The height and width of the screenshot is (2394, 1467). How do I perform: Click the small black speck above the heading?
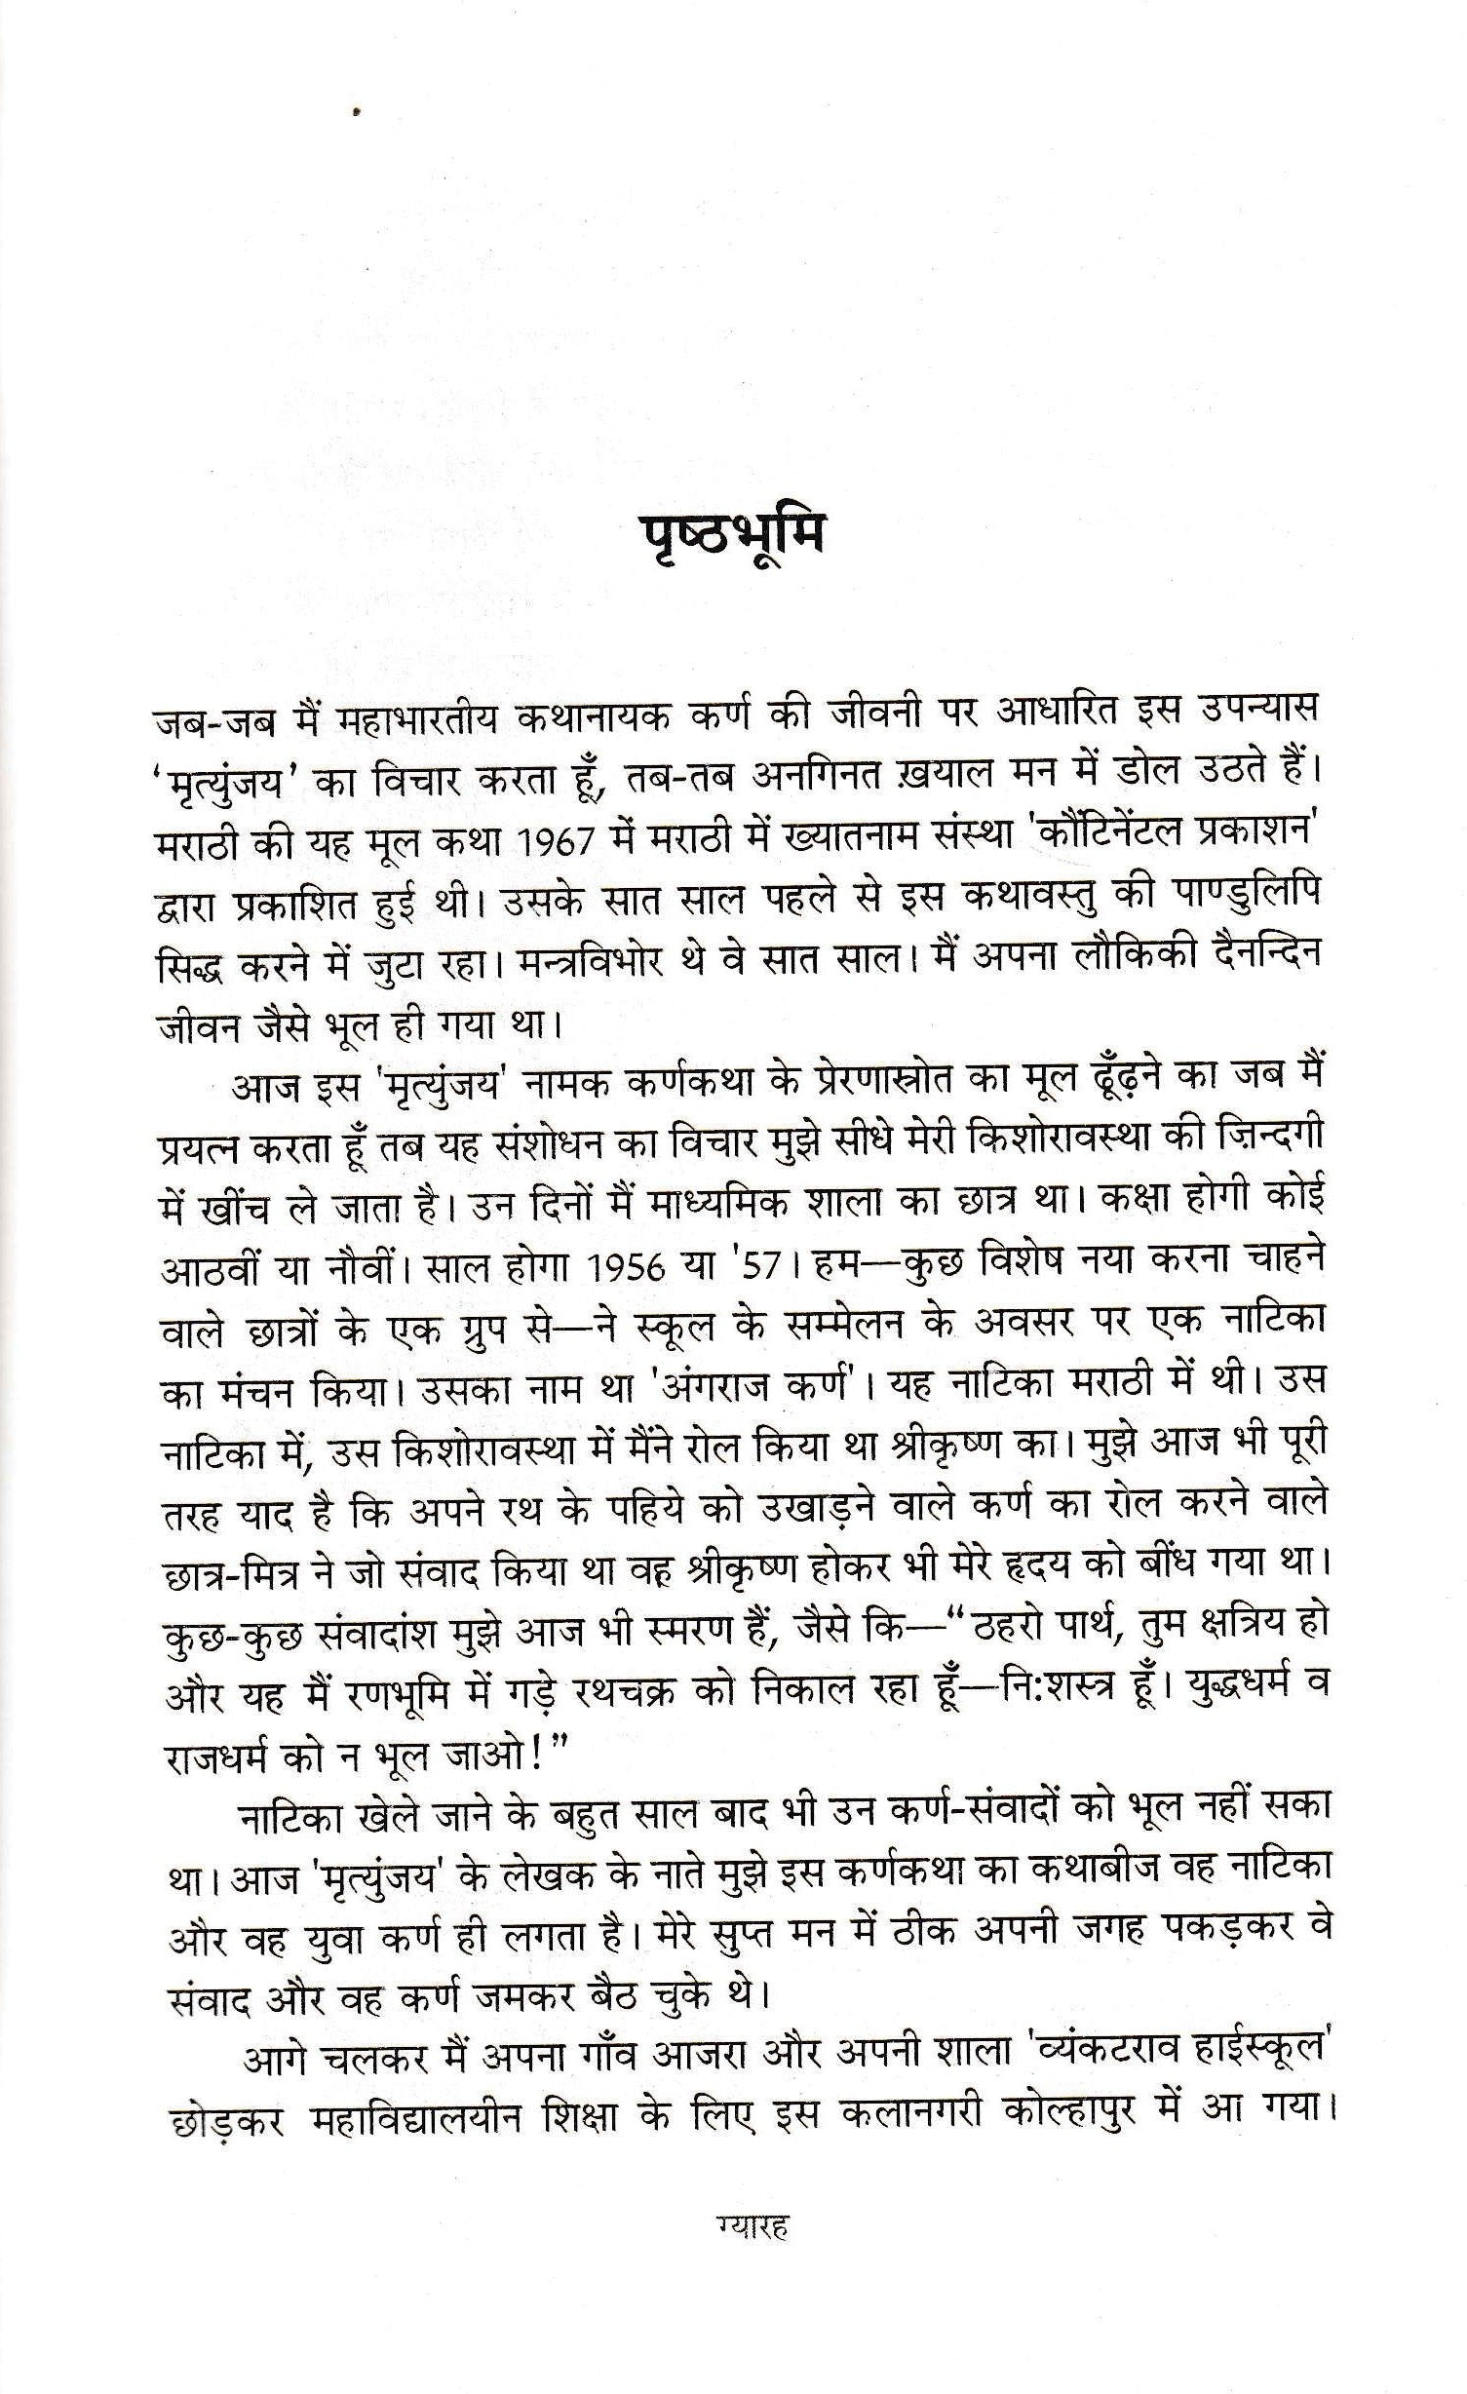coord(360,113)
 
